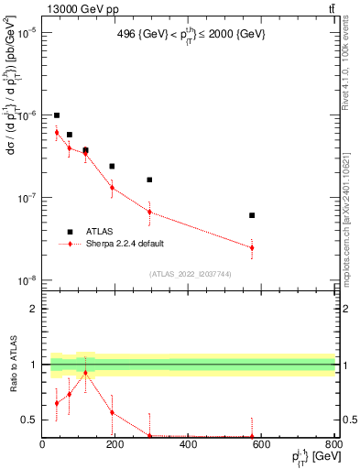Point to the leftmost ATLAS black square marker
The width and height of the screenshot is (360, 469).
[57, 115]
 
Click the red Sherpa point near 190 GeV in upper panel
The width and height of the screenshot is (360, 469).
[112, 187]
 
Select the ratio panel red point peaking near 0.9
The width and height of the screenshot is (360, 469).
[85, 373]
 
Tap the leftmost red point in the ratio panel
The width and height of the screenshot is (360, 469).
[57, 403]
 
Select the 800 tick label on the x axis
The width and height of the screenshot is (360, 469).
[333, 444]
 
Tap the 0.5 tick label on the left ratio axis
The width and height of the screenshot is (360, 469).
[30, 420]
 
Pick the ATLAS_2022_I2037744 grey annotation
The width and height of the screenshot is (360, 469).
[189, 274]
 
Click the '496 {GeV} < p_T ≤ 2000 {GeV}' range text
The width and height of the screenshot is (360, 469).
[189, 36]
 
